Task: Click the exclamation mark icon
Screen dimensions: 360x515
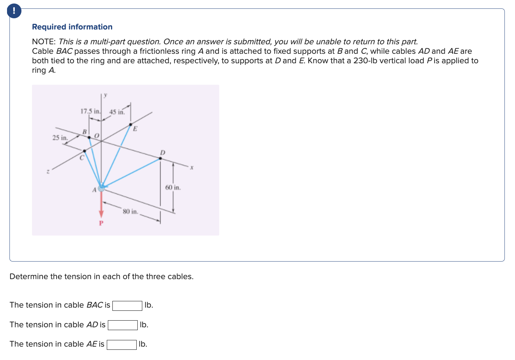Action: (x=14, y=11)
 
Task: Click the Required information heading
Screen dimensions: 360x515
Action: (x=72, y=27)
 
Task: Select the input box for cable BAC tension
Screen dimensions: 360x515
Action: (x=127, y=306)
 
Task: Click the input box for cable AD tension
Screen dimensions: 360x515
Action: (x=123, y=325)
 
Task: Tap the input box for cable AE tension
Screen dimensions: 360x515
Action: (x=122, y=345)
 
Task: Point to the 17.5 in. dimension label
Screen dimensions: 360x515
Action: (x=90, y=111)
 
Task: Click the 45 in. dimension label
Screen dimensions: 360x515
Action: (x=117, y=112)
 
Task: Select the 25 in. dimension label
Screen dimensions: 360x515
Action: (x=60, y=137)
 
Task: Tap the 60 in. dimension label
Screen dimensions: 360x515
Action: (x=173, y=187)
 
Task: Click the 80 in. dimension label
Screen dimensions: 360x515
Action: (x=130, y=211)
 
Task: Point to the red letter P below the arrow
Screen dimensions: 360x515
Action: (x=101, y=223)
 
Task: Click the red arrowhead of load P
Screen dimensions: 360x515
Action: (x=101, y=214)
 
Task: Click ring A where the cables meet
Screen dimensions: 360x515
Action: (x=101, y=188)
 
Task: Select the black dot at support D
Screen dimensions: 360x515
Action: (x=161, y=158)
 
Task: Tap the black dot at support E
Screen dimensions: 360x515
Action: (x=131, y=124)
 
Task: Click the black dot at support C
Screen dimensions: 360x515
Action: (x=84, y=151)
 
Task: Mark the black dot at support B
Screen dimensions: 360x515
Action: (x=89, y=137)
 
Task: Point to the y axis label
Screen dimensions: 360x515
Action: (x=105, y=95)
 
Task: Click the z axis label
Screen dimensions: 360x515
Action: (x=48, y=172)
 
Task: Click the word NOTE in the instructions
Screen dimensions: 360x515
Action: (x=43, y=41)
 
